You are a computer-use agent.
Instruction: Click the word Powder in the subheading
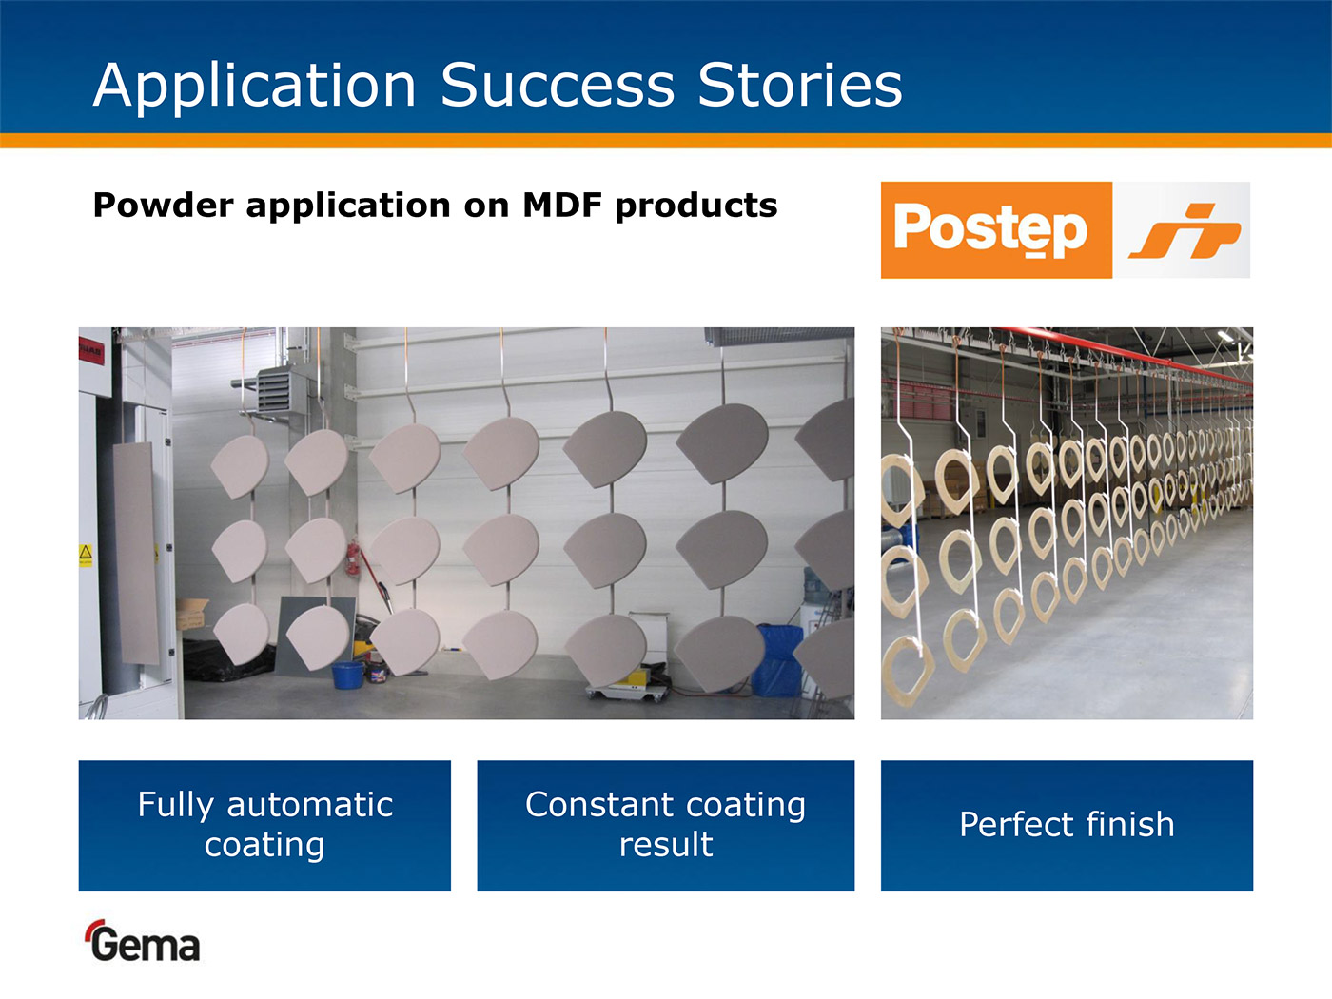163,205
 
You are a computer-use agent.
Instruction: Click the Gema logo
144,941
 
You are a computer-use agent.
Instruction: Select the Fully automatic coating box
264,826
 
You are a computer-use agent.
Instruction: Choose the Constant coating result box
666,826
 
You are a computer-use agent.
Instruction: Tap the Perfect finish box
1067,826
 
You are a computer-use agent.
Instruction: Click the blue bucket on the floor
347,675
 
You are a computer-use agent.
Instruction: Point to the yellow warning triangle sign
86,553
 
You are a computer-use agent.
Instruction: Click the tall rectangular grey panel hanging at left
136,553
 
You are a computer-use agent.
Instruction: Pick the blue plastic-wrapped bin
777,660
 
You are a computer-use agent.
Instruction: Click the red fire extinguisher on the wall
352,558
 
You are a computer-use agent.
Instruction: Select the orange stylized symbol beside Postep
1184,231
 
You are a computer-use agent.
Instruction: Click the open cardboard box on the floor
192,613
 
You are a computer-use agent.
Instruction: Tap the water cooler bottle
815,586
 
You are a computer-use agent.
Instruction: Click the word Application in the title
255,87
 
